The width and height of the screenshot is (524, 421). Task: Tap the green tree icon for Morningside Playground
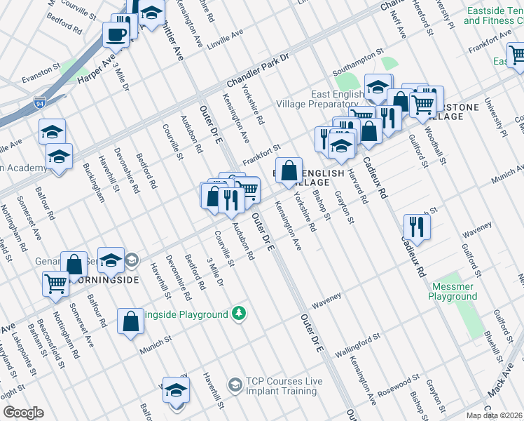239,313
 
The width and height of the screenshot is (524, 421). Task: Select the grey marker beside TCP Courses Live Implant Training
235,384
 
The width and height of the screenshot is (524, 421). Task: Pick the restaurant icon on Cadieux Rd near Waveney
417,226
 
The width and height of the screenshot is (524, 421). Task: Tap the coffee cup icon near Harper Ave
115,33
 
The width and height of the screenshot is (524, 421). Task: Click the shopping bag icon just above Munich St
130,321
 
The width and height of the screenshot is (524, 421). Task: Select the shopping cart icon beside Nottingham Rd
55,283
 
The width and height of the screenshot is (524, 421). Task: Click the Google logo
23,413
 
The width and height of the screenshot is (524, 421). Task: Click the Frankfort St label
262,155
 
